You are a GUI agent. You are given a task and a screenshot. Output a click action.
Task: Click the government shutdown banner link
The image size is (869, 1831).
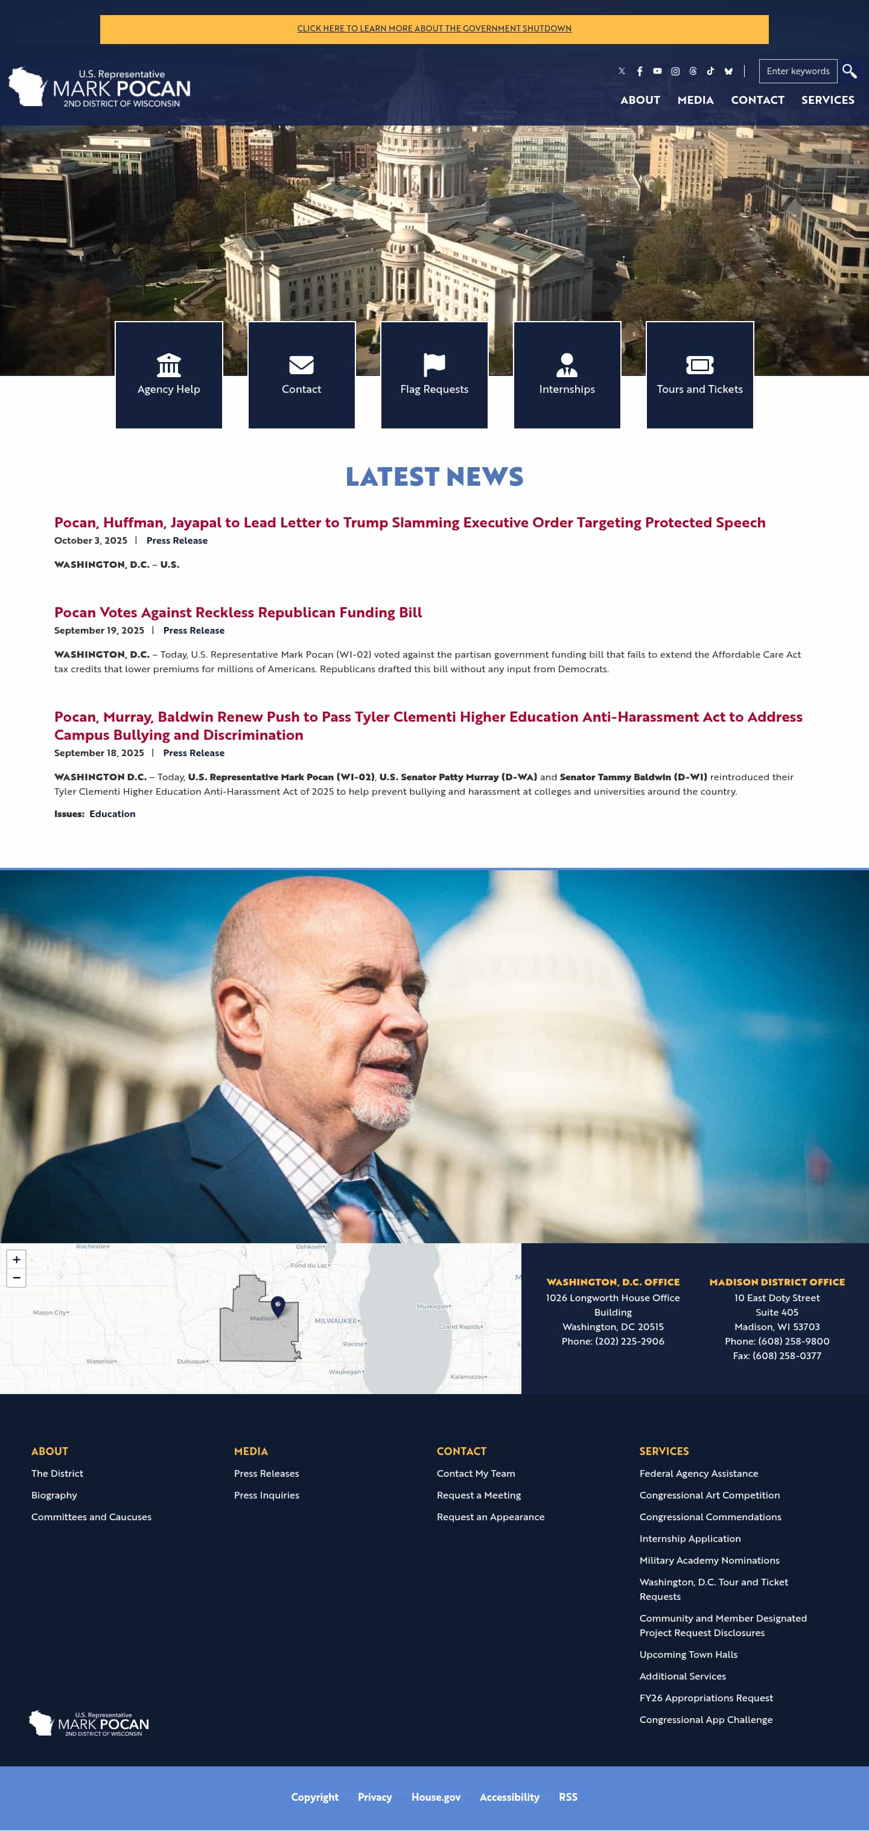coord(434,28)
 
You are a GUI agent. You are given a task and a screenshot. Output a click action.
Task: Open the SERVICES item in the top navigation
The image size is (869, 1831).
coord(827,100)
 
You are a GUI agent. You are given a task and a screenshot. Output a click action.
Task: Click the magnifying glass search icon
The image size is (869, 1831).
coord(849,71)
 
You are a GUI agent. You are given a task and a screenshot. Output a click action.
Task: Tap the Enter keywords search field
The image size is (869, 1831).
coord(797,71)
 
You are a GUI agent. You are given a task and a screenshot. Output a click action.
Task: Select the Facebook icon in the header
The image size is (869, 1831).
coord(640,71)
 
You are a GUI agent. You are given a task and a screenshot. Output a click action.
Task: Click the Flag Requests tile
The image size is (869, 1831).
coord(434,375)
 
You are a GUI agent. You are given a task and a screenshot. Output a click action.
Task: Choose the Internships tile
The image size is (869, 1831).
coord(567,375)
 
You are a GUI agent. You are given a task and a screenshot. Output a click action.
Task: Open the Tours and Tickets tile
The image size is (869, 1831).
coord(699,375)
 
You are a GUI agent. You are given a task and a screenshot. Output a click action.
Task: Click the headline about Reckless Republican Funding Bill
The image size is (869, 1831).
coord(238,612)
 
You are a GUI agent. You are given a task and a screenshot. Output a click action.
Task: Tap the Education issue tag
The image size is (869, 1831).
coord(112,814)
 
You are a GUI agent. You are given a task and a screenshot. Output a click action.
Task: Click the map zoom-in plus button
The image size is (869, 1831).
coord(16,1259)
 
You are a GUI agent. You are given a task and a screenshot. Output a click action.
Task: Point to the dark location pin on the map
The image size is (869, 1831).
coord(278,1305)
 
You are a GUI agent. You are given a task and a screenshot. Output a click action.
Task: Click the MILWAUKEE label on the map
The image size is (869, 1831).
coord(336,1320)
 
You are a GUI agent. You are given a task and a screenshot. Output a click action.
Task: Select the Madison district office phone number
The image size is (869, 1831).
coord(777,1341)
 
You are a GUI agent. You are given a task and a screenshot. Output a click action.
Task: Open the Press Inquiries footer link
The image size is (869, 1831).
coord(267,1495)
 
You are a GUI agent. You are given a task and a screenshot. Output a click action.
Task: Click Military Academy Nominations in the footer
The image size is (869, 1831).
coord(709,1560)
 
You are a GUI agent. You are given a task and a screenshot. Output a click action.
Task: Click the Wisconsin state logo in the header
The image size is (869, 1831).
coord(27,87)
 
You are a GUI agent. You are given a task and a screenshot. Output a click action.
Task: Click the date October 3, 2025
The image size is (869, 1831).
coord(91,540)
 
